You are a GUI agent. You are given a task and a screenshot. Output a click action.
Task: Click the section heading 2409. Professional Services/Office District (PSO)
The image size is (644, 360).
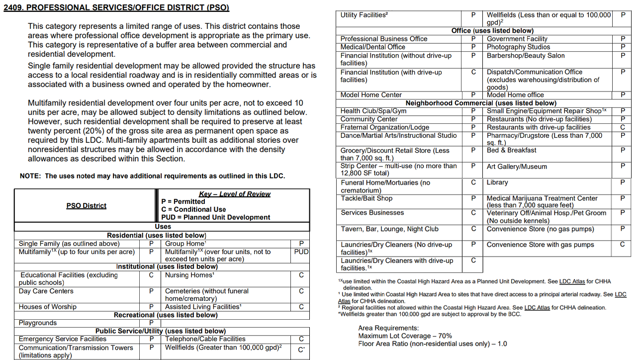pos(116,8)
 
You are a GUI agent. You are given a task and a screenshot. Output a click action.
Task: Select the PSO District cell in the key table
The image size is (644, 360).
pos(86,206)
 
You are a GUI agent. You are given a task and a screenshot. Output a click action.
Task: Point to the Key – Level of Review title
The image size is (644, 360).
pos(235,194)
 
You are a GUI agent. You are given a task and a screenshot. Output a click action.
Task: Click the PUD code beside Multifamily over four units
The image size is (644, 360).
pos(301,252)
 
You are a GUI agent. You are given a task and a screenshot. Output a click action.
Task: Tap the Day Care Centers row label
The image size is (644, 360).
pos(46,291)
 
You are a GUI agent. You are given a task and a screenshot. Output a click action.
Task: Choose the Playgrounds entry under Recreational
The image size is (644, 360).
pos(38,323)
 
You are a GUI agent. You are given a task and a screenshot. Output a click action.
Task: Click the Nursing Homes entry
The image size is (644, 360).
pos(189,275)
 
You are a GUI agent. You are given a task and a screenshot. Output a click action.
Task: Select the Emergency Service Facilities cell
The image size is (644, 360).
pos(63,339)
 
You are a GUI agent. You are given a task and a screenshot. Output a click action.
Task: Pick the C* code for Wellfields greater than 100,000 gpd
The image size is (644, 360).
pos(301,350)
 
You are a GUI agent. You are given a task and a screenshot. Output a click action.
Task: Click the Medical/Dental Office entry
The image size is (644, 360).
pos(373,47)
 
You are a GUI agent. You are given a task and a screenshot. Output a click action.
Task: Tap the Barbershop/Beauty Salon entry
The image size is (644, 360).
pos(526,55)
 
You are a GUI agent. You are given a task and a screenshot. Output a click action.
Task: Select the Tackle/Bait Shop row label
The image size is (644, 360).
pos(367,198)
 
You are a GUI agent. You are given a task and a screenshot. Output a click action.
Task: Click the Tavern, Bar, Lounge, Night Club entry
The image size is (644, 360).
pos(389,229)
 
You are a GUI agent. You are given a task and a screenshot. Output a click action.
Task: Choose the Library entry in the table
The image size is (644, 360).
pos(497,182)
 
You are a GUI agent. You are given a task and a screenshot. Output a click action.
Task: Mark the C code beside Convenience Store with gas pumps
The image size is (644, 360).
pos(622,245)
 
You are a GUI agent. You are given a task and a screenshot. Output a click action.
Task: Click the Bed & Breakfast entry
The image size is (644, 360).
pos(511,150)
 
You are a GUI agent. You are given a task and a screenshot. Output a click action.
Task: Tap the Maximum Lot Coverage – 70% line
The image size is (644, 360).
pos(405,336)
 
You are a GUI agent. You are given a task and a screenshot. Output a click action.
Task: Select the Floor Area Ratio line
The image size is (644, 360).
pos(432,344)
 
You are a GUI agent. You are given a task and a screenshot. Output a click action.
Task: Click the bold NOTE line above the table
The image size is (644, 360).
pos(152,176)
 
